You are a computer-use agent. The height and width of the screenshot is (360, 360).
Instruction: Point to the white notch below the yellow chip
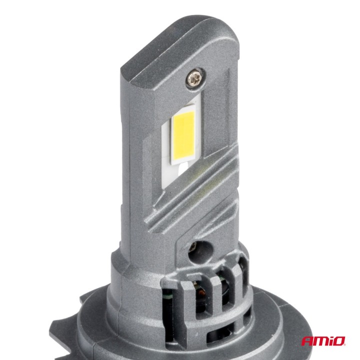click(x=179, y=170)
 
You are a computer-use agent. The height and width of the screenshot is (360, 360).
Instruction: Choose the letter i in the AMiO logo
click(x=329, y=341)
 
